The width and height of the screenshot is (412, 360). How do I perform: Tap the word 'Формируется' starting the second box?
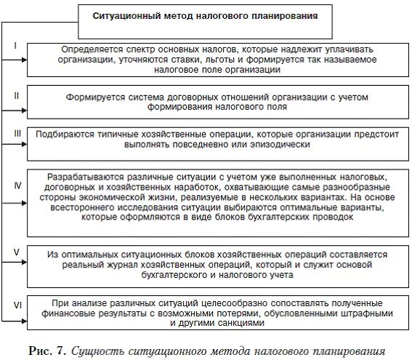pyautogui.click(x=94, y=96)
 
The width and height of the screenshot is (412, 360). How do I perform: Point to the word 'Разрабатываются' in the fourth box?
pyautogui.click(x=81, y=177)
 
